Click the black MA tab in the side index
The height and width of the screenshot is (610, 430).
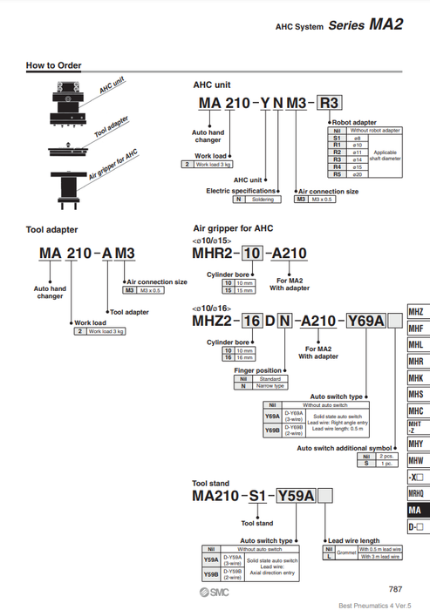click(x=417, y=510)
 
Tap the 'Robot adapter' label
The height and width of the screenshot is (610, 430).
click(x=353, y=123)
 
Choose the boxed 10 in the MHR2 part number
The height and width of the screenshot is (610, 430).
click(x=251, y=253)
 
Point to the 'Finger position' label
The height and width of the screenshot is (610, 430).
click(x=259, y=370)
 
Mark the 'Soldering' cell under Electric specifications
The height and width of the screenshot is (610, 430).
click(x=263, y=200)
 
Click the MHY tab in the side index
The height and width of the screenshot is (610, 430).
click(x=417, y=443)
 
